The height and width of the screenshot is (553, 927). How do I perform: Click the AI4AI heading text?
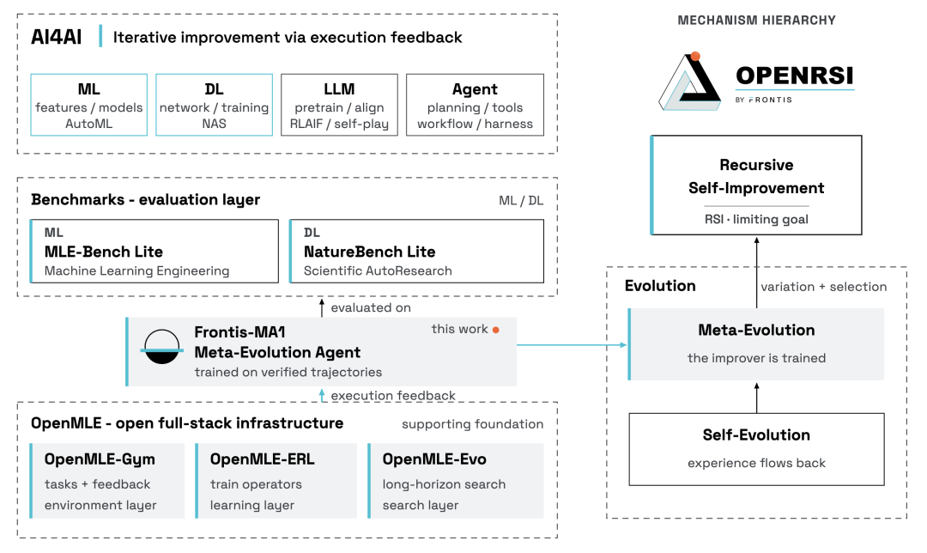56,37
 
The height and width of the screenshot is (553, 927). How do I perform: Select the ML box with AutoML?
88,105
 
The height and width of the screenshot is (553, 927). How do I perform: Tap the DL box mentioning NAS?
214,105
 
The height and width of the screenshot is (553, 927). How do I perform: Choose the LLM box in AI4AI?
339,105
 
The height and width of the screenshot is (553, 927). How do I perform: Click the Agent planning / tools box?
475,105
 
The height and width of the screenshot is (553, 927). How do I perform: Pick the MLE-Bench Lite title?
104,252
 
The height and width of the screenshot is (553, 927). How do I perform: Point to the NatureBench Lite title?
369,252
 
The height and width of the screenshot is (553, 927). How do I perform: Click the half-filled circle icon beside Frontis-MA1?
162,347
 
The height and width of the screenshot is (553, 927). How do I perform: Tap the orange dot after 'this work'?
496,330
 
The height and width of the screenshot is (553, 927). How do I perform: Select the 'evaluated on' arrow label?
371,307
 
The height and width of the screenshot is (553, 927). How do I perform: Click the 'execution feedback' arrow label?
393,396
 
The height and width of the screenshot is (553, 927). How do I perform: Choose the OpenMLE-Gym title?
100,459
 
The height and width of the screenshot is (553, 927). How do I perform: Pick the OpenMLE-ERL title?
263,459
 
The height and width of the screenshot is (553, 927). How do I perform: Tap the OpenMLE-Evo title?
434,459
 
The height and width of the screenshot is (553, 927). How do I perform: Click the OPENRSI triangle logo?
689,82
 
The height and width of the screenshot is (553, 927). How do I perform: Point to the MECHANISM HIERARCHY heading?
757,21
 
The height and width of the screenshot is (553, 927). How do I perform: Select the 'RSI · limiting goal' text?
756,220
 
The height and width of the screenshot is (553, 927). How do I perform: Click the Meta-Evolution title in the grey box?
757,330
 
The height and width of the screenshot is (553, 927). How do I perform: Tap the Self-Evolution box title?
757,435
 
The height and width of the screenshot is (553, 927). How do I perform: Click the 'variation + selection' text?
823,287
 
